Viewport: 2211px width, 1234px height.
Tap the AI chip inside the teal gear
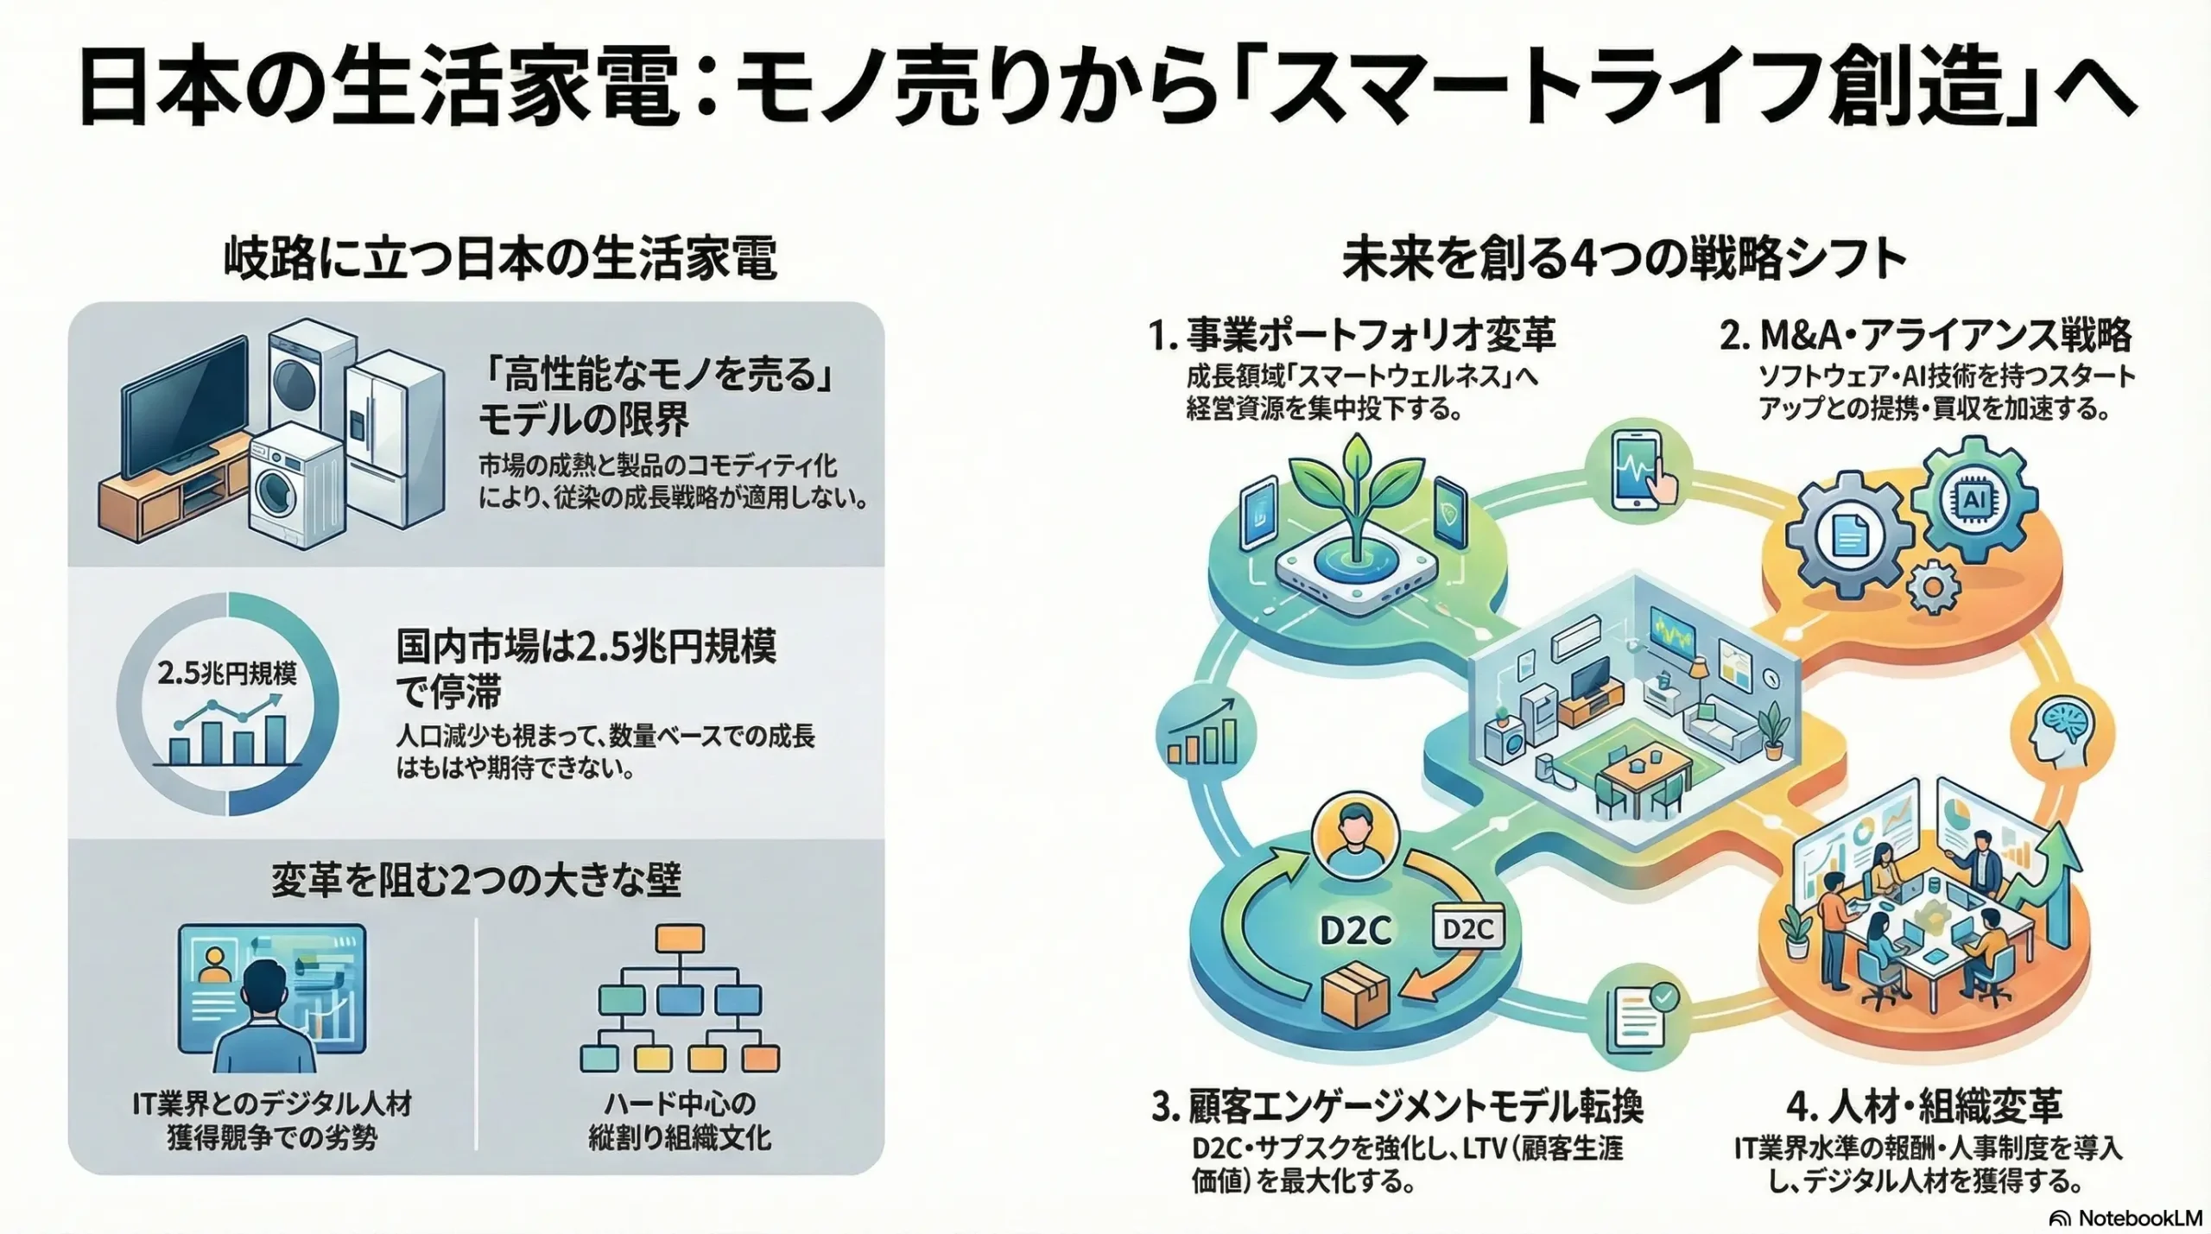pyautogui.click(x=1974, y=499)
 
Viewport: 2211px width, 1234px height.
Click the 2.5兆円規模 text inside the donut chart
pyautogui.click(x=227, y=674)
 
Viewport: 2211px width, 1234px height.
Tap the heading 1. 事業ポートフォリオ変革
pyautogui.click(x=1352, y=335)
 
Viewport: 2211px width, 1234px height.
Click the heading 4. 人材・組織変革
pyautogui.click(x=1924, y=1106)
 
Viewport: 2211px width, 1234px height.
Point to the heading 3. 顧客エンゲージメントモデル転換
pyautogui.click(x=1397, y=1106)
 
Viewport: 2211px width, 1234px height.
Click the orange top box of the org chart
pyautogui.click(x=679, y=939)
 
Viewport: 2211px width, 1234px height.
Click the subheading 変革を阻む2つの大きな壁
pyautogui.click(x=476, y=879)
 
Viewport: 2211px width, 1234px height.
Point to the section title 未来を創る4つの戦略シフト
pyautogui.click(x=1624, y=258)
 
